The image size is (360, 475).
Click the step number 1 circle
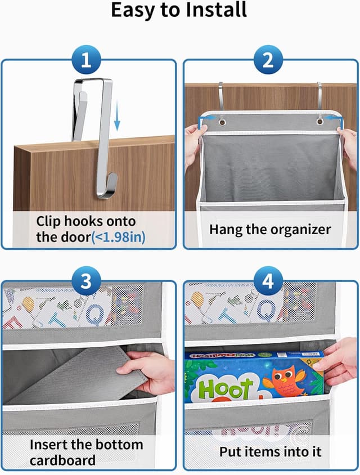point(85,60)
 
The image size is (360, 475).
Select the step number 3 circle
point(85,282)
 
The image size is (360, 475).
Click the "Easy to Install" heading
point(179,11)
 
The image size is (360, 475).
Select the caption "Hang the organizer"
point(270,229)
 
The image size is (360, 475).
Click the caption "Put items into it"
point(270,451)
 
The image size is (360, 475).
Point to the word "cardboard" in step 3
point(62,460)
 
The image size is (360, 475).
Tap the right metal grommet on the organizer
point(319,120)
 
